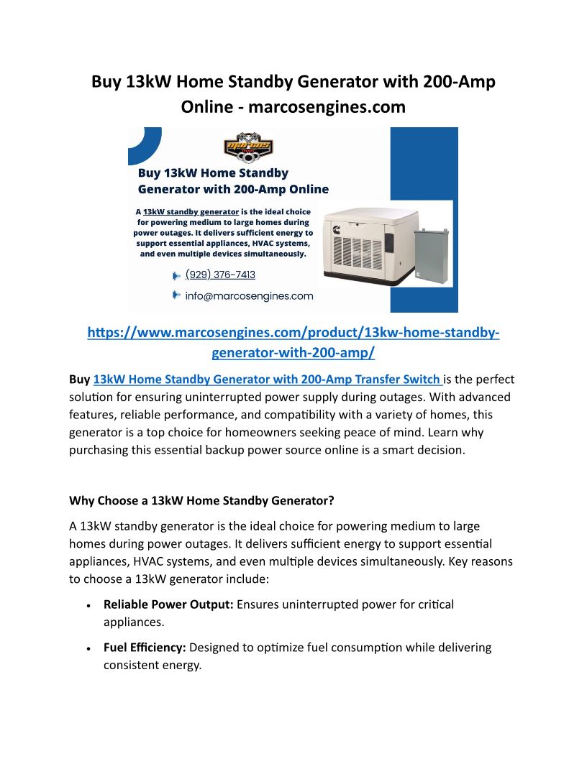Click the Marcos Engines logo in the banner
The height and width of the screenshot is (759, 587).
point(249,149)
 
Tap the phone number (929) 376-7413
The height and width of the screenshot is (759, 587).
point(220,275)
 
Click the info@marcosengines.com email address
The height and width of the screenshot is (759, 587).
point(249,295)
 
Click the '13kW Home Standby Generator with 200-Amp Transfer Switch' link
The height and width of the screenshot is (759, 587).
point(267,379)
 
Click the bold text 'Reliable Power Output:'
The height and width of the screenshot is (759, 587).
point(168,604)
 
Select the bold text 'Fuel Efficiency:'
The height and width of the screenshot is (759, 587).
point(145,648)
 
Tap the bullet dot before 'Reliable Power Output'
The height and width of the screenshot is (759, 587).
point(88,606)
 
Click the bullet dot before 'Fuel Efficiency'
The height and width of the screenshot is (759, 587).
point(88,649)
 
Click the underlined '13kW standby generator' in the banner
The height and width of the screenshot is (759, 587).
point(191,212)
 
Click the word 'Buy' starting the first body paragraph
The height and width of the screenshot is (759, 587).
point(79,379)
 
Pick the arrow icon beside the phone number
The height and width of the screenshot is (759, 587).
point(176,275)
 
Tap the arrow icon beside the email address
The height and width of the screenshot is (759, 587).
point(176,295)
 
